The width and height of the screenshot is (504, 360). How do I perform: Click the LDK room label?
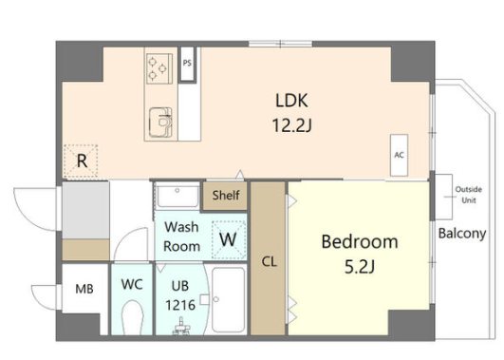(x=291, y=101)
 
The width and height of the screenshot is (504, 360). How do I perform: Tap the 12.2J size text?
(x=291, y=125)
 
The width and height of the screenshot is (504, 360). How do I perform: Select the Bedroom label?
(x=360, y=242)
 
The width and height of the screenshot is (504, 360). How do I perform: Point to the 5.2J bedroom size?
(x=360, y=267)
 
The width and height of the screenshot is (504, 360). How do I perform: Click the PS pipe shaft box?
(x=187, y=64)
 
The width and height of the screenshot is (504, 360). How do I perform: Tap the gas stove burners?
(x=159, y=67)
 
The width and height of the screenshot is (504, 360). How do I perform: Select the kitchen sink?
(x=160, y=122)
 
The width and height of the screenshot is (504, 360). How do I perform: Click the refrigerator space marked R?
(x=81, y=161)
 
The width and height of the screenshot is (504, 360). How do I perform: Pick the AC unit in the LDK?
(x=399, y=155)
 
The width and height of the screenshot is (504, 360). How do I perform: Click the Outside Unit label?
(x=468, y=195)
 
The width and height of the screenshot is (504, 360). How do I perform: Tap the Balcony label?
(x=462, y=234)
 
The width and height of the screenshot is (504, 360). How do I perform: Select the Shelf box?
(x=225, y=196)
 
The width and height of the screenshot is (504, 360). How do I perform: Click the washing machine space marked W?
(x=229, y=239)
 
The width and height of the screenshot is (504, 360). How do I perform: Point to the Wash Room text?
(x=182, y=237)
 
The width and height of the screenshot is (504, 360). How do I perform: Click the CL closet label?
(x=269, y=262)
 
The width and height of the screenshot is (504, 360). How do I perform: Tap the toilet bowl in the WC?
(x=132, y=317)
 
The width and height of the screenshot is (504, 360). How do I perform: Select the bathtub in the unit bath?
(x=229, y=300)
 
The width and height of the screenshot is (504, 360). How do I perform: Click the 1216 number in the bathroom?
(x=180, y=305)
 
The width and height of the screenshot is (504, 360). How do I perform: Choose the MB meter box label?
(x=84, y=289)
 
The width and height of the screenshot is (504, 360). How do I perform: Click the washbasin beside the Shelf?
(x=177, y=196)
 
